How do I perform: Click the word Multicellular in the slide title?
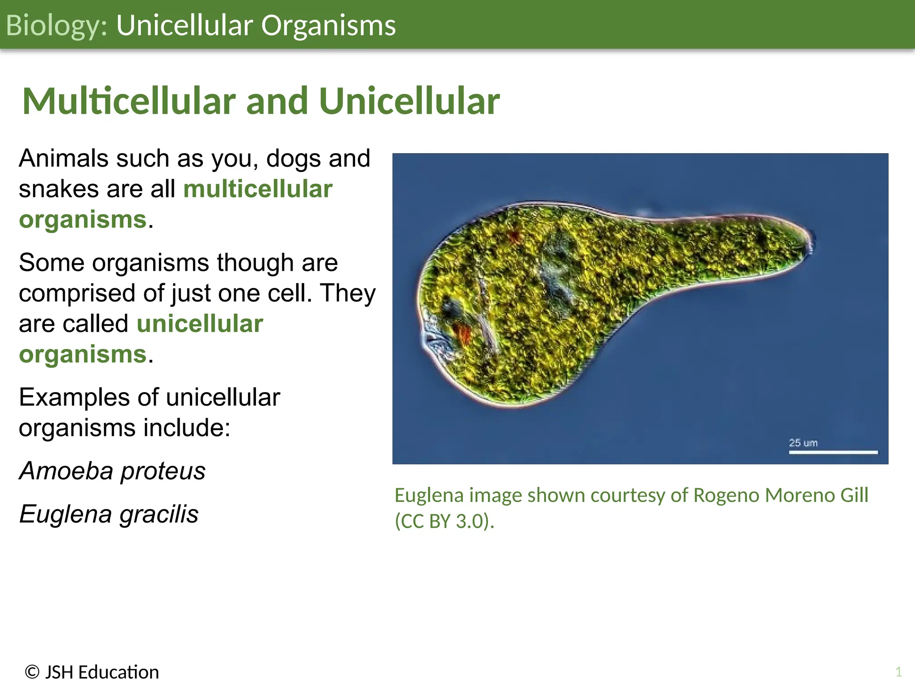click(x=129, y=101)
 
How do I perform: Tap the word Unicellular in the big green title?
click(x=409, y=101)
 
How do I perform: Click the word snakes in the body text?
click(x=59, y=189)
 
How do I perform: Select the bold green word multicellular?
click(x=258, y=189)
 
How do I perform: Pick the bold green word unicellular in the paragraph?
click(x=200, y=324)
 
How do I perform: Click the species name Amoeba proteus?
click(x=112, y=471)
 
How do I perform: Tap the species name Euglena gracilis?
click(x=109, y=514)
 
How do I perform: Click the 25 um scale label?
click(x=803, y=443)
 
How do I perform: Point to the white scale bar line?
click(x=833, y=452)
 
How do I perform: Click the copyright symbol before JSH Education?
click(x=32, y=672)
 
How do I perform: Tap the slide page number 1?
click(x=898, y=672)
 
